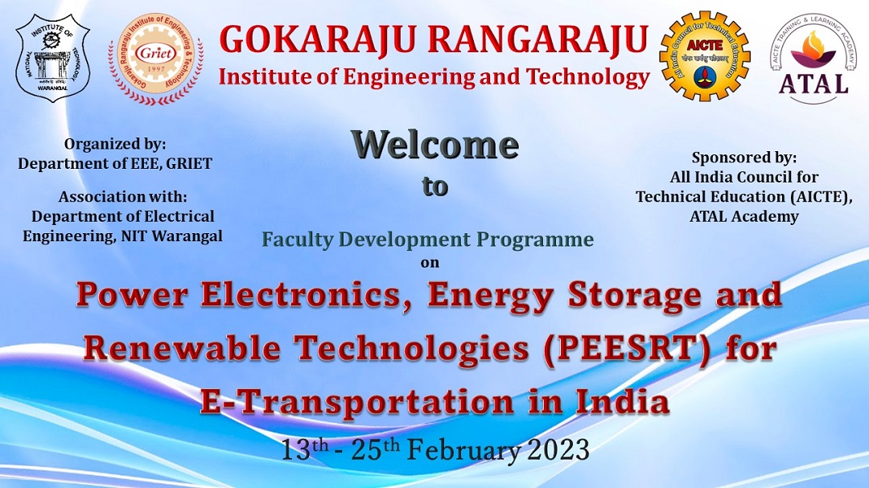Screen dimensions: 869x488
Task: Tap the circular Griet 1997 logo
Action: pyautogui.click(x=155, y=59)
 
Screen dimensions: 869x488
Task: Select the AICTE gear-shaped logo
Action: pyautogui.click(x=704, y=55)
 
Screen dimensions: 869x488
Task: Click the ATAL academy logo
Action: pyautogui.click(x=813, y=59)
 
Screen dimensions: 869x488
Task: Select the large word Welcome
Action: pyautogui.click(x=435, y=145)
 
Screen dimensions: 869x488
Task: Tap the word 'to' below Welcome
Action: pyautogui.click(x=435, y=187)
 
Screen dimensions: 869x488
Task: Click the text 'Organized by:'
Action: pyautogui.click(x=115, y=144)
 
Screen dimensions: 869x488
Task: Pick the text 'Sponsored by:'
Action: pyautogui.click(x=743, y=158)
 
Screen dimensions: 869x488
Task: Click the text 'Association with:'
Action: pyautogui.click(x=122, y=197)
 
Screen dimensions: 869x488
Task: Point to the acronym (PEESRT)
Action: pyautogui.click(x=627, y=350)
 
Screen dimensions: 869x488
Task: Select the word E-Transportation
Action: pyautogui.click(x=357, y=401)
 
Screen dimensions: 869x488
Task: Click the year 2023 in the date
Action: pyautogui.click(x=558, y=449)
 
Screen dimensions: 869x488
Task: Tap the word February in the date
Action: pyautogui.click(x=464, y=450)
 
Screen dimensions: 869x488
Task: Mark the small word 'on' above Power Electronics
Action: pyautogui.click(x=430, y=263)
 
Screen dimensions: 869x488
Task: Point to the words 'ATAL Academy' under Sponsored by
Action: pyautogui.click(x=743, y=216)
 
